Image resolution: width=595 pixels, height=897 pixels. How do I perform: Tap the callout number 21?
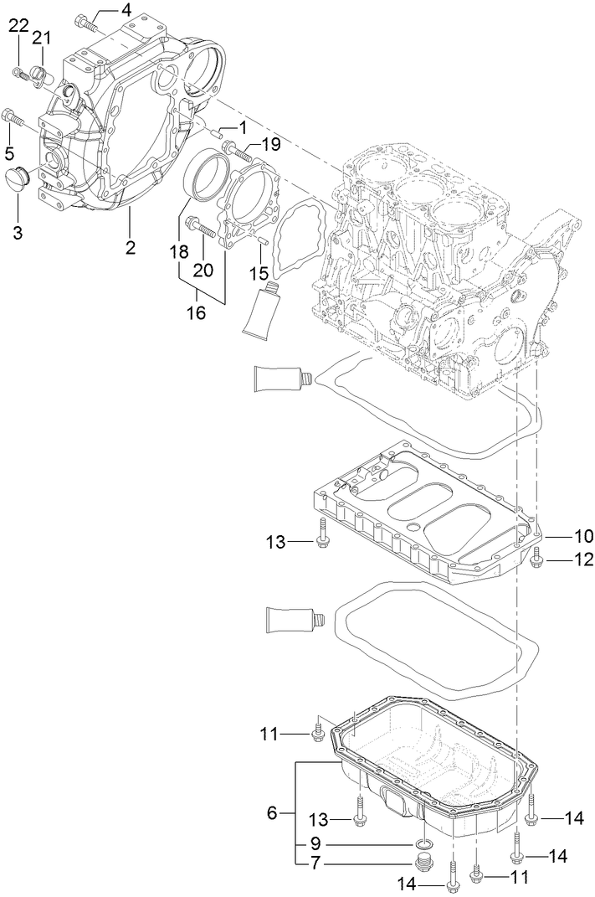tap(42, 37)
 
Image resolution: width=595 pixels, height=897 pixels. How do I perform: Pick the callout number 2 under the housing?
tap(131, 247)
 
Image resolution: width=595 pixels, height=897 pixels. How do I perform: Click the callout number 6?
tap(272, 812)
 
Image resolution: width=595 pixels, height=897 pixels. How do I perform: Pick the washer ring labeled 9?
tap(425, 843)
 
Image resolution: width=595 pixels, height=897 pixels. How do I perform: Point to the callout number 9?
tap(315, 843)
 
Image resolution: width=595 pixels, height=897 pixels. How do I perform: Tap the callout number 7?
tap(315, 863)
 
